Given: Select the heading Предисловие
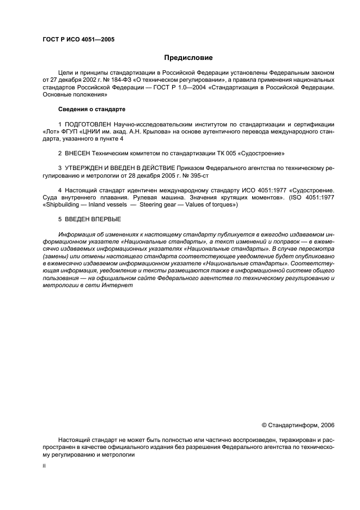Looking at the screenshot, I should tap(188, 58).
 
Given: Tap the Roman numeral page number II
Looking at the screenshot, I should tap(44, 467).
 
